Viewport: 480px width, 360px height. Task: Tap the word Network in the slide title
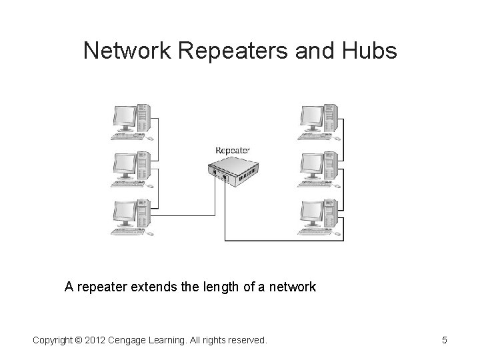(x=125, y=51)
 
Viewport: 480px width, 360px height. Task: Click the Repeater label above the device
(x=233, y=150)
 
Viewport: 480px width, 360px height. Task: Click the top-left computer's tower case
(x=142, y=117)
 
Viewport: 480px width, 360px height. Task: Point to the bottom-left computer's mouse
(x=151, y=233)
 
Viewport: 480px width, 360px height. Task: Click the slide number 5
(x=444, y=341)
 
